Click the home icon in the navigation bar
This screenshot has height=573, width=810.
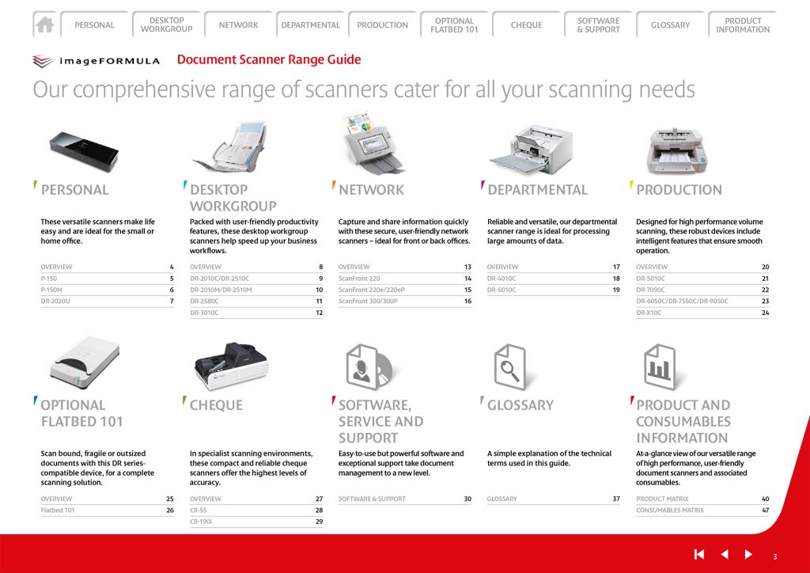click(45, 25)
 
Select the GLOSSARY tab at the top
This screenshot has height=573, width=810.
click(670, 25)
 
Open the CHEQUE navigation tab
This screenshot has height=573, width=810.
click(526, 25)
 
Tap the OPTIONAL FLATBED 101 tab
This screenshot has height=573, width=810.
click(454, 25)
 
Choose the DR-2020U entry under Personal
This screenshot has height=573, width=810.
click(55, 301)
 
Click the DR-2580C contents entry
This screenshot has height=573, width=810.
click(205, 301)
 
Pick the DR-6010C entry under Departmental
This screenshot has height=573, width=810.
click(502, 290)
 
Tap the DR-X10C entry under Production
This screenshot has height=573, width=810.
click(649, 313)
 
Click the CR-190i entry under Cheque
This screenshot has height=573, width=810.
click(201, 522)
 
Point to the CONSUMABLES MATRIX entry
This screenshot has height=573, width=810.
click(669, 510)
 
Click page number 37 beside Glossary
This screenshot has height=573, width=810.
click(615, 499)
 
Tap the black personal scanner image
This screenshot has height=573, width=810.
click(84, 150)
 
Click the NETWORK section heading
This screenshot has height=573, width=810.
click(371, 190)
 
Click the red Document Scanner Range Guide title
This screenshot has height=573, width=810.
click(269, 59)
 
